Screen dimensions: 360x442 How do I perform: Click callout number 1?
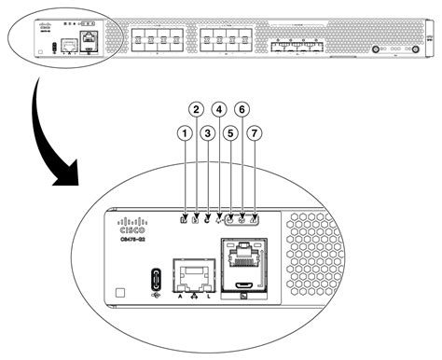184,134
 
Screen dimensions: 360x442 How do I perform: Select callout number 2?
196,109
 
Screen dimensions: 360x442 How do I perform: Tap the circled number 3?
207,134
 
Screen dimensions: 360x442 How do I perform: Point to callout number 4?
219,109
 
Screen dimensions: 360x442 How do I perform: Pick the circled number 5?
230,134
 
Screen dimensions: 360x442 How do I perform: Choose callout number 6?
242,109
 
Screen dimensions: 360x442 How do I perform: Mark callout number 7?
254,134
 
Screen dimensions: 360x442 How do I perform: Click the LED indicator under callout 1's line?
184,221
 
